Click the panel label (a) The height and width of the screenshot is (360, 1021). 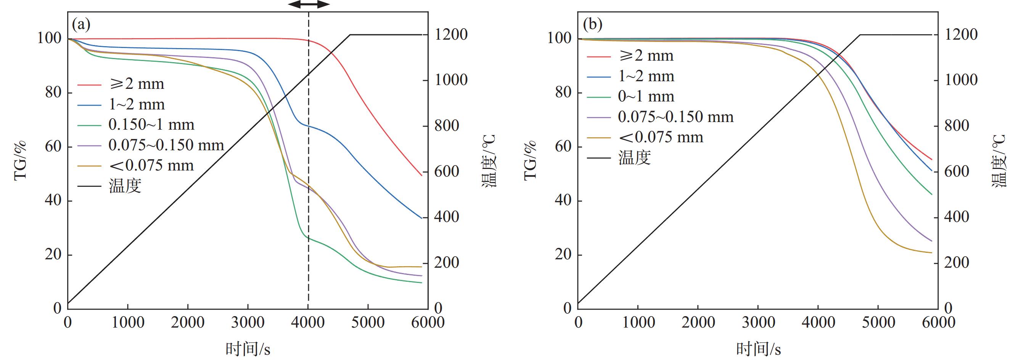[81, 25]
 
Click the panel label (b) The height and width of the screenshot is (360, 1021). [593, 25]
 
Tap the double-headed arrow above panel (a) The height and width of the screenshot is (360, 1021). [309, 4]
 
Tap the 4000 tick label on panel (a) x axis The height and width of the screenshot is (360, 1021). [308, 322]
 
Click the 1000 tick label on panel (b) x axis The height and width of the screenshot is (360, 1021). [638, 322]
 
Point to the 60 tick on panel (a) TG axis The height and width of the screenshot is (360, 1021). [53, 147]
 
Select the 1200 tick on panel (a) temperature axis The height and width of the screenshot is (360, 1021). [451, 35]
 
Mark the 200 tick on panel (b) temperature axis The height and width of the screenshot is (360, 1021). [957, 263]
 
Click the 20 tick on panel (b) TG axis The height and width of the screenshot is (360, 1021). [563, 254]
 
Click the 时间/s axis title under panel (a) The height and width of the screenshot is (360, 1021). [248, 349]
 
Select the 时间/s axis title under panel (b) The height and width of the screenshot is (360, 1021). [758, 349]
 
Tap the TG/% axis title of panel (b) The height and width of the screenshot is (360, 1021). [530, 160]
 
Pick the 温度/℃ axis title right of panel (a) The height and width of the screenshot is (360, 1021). [489, 161]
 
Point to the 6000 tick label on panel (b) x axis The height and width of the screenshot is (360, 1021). [938, 322]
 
